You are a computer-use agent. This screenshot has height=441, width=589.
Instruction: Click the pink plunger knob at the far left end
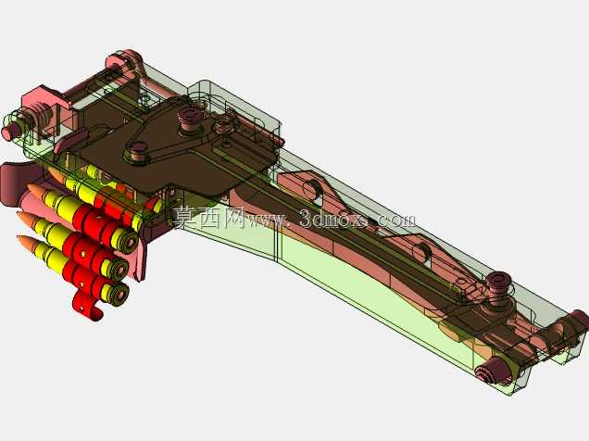click(8, 132)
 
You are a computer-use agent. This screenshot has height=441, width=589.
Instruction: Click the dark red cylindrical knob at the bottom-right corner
click(491, 371)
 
